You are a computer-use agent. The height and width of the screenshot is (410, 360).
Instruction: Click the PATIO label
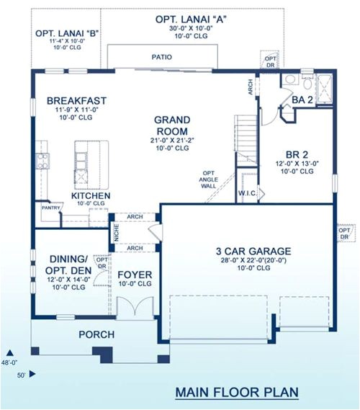pyautogui.click(x=161, y=55)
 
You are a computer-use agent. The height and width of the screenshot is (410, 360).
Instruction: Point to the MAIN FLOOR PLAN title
pyautogui.click(x=237, y=392)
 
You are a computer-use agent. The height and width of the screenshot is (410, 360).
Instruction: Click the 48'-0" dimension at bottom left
pyautogui.click(x=12, y=362)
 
